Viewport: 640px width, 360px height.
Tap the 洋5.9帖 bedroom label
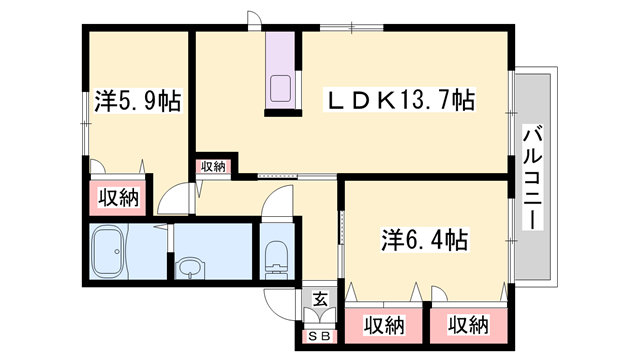(x=124, y=101)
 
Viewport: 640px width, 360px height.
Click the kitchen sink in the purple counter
(x=279, y=89)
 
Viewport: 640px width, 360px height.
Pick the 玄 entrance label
(x=319, y=297)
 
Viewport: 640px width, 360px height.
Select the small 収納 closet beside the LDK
(x=212, y=167)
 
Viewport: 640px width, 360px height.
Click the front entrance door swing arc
(x=279, y=297)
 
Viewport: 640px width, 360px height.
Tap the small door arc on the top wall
(x=255, y=21)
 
